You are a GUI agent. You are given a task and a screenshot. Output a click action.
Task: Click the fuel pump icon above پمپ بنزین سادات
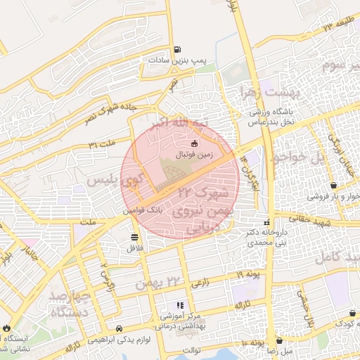coord(179,49)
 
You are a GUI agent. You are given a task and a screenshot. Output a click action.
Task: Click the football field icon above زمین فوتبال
coord(184,143)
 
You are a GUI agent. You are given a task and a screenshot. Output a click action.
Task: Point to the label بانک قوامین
coord(143,210)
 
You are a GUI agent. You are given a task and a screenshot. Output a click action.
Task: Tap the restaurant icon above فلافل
coord(134,236)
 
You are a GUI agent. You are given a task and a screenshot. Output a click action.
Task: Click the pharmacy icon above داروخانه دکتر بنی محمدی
coord(266,222)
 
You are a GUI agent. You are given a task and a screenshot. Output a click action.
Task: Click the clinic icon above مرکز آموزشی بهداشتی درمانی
coord(179,305)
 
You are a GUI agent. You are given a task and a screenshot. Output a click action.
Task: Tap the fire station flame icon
coord(6,327)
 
